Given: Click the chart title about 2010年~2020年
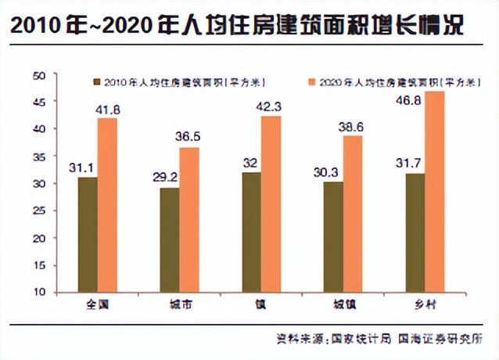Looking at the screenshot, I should coord(235,26).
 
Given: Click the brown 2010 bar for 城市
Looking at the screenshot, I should coord(169,239).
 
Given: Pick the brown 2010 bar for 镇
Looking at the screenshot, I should coord(250,232).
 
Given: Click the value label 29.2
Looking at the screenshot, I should coord(164,178).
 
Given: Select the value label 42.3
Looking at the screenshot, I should coord(271,106).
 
